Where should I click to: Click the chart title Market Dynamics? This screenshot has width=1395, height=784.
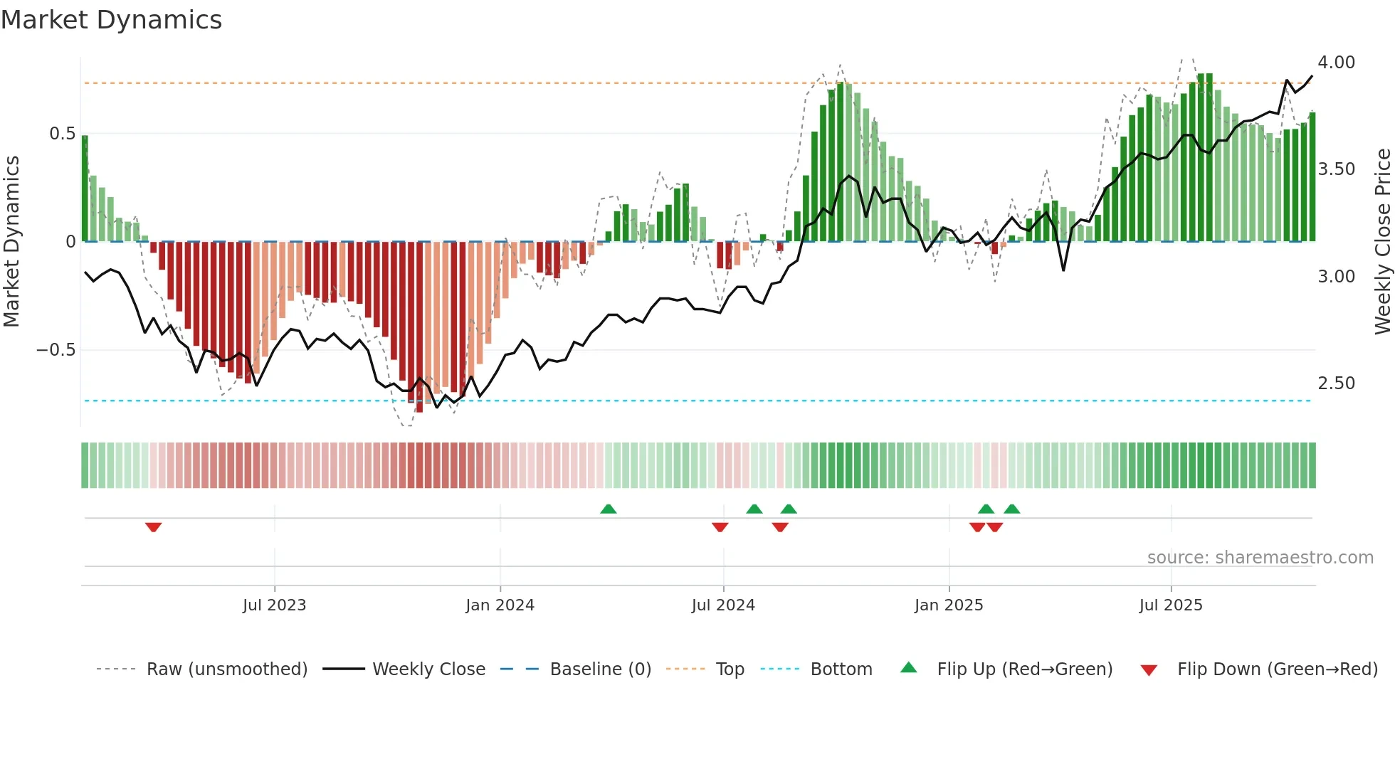click(112, 20)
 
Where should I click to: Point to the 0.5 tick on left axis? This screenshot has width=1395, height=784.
click(62, 134)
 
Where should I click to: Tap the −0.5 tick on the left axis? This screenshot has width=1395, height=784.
click(56, 350)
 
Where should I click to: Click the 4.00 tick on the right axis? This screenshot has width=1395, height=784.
click(1336, 63)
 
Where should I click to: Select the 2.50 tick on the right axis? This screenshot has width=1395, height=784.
click(1336, 383)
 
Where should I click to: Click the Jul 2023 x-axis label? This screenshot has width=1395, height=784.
click(274, 605)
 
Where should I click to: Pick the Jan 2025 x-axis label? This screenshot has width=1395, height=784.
click(948, 605)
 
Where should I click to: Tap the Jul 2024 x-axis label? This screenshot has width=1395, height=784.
click(722, 605)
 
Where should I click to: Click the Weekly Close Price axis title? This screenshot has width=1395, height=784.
click(1382, 242)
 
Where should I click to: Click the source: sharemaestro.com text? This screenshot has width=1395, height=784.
click(1260, 558)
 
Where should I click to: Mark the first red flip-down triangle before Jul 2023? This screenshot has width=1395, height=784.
click(154, 527)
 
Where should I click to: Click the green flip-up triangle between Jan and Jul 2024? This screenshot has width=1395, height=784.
click(608, 509)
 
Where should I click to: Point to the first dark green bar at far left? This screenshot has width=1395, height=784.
click(85, 189)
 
